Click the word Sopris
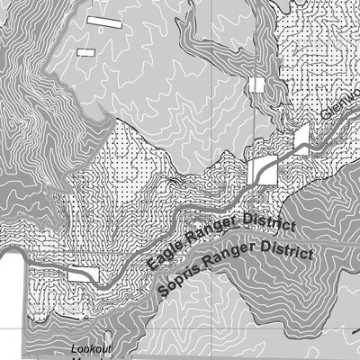[177, 283]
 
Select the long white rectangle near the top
[103, 20]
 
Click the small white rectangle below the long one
[86, 52]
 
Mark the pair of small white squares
[258, 85]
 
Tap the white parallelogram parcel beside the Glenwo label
[300, 137]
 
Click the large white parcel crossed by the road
[263, 169]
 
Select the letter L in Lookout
[76, 349]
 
